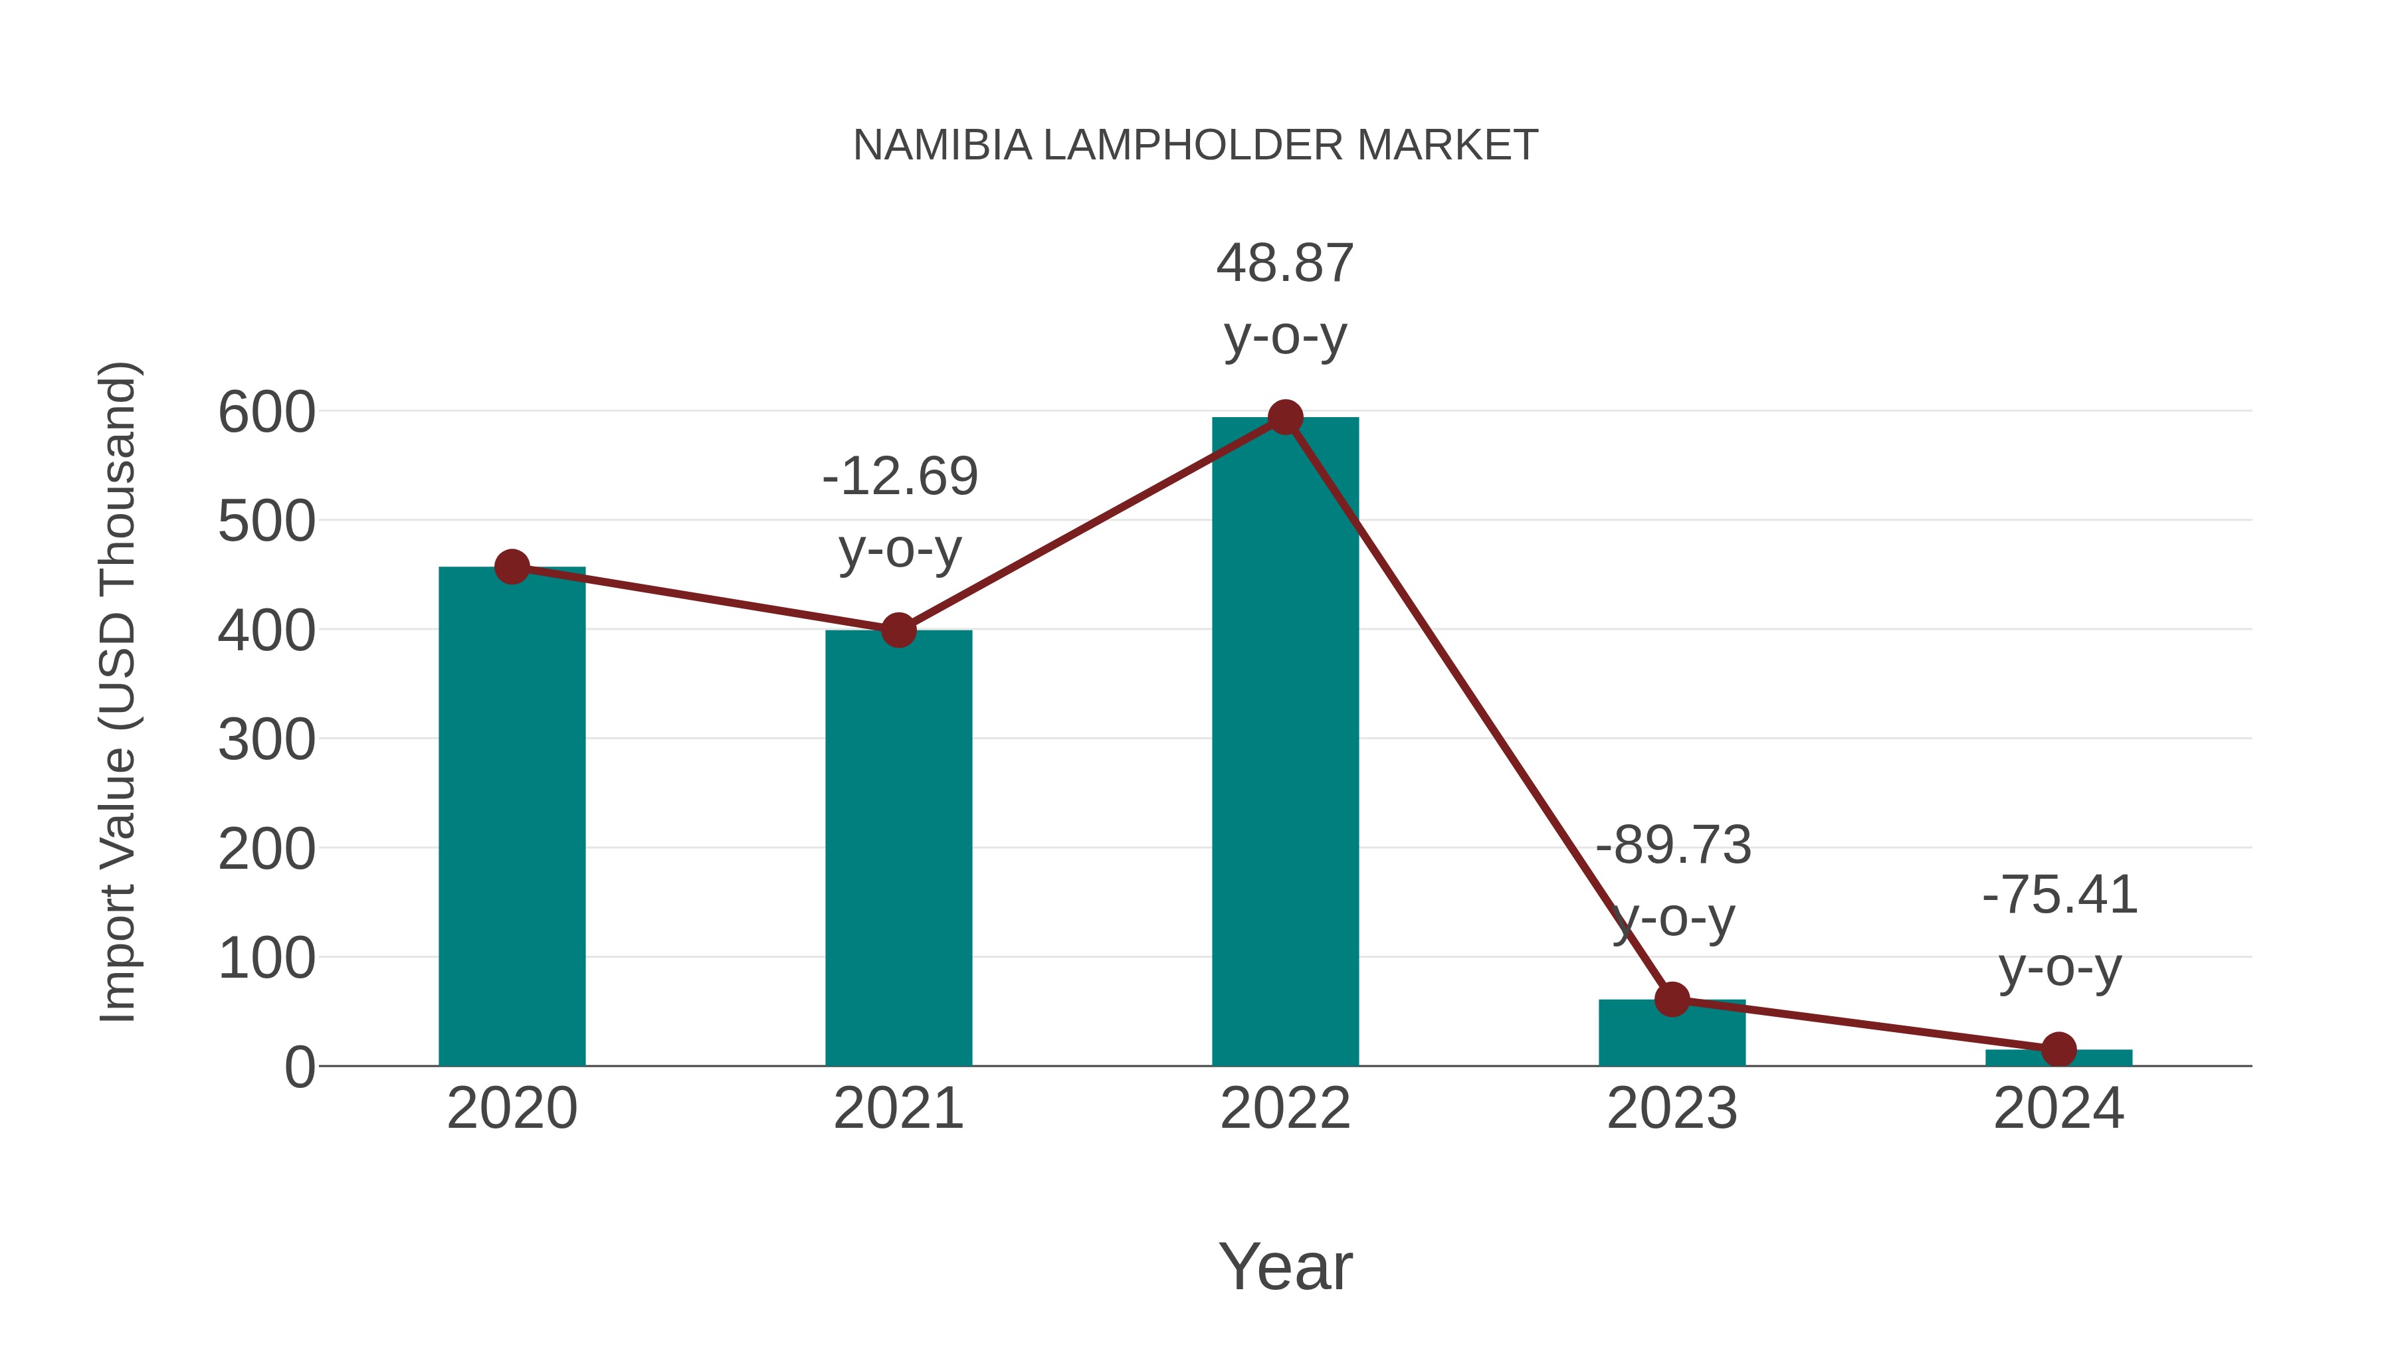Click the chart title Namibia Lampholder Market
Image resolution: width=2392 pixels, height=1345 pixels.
1195,145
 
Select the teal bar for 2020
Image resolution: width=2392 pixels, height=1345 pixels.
512,817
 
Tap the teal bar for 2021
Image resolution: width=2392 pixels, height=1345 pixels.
898,850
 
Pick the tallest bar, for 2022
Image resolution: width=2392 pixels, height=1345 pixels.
1284,743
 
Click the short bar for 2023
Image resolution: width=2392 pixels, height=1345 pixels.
1672,1035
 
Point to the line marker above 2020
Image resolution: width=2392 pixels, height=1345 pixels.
512,566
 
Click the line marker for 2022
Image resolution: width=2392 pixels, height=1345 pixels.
1284,418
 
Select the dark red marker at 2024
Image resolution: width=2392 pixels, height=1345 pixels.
2058,1050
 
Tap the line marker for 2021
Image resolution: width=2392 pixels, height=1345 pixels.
898,630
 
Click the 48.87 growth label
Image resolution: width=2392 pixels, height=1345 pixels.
1284,264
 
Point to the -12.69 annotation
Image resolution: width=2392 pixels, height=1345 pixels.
899,477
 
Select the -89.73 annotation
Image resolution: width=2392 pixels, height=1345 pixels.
1672,846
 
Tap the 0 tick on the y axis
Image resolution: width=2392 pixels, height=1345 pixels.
299,1067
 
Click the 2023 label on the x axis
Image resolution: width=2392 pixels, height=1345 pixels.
1672,1109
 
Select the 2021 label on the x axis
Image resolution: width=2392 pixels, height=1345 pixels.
898,1109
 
